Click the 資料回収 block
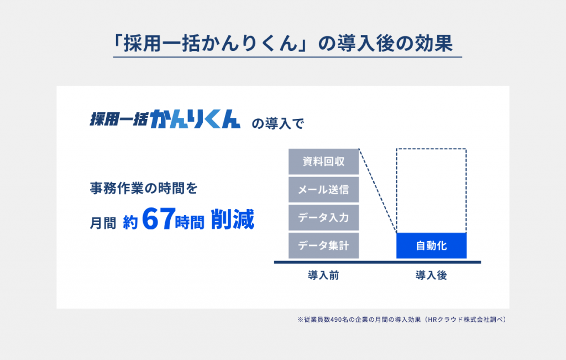(x=323, y=161)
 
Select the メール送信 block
(x=323, y=190)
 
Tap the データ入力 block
(x=323, y=217)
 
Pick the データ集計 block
(x=323, y=246)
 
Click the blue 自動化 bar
(x=431, y=246)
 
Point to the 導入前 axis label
(x=323, y=275)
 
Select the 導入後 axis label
(x=431, y=275)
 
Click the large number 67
(x=159, y=219)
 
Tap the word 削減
(x=233, y=219)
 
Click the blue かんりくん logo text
(x=195, y=118)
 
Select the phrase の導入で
(x=278, y=123)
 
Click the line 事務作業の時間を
(x=144, y=188)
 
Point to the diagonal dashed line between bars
(x=378, y=191)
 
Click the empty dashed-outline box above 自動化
(x=466, y=191)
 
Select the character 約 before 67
(x=130, y=223)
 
